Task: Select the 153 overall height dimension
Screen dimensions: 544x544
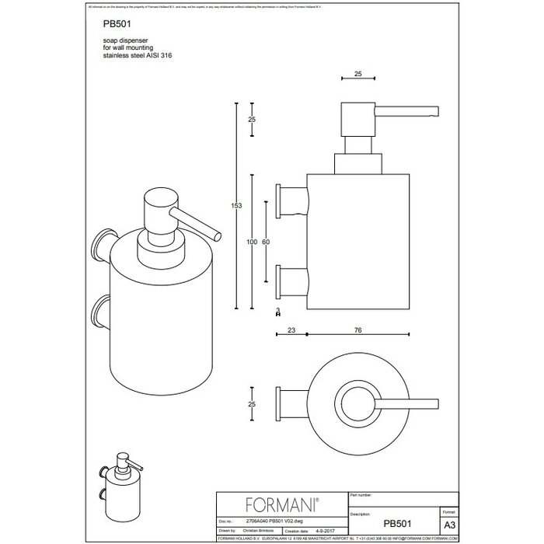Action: tap(237, 205)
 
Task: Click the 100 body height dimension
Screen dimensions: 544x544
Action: tap(251, 243)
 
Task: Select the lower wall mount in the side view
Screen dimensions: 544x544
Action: tap(291, 280)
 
